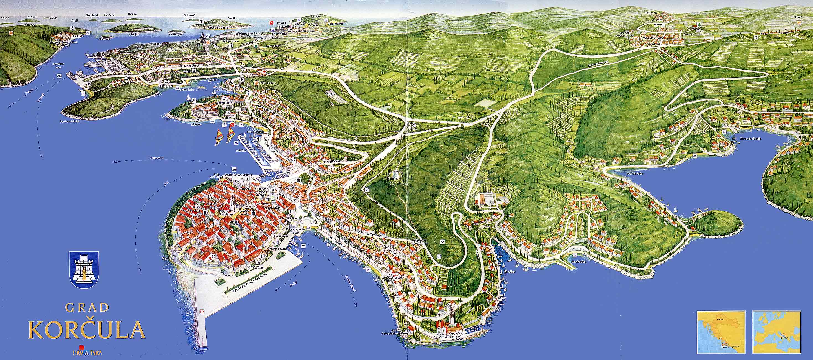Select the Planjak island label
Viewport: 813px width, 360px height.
134,34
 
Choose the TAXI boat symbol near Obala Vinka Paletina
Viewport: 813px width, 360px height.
235,170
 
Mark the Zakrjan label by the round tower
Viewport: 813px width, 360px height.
167,259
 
